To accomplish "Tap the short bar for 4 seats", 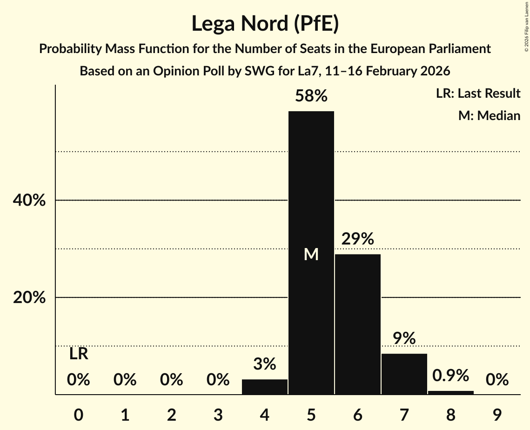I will (x=265, y=387).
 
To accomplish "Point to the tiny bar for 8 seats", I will (x=451, y=392).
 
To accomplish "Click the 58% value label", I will (x=311, y=96).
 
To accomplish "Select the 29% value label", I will (x=358, y=239).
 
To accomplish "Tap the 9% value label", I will (x=404, y=338).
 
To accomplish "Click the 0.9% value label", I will (x=451, y=376).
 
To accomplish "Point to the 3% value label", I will (x=265, y=364).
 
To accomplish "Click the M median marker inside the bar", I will (x=311, y=254).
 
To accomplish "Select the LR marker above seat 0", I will (x=79, y=354).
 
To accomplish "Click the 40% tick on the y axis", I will (x=29, y=201).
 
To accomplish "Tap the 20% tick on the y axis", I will (x=29, y=297).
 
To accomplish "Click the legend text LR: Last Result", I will (x=478, y=94).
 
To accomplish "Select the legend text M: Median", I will (x=489, y=115).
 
